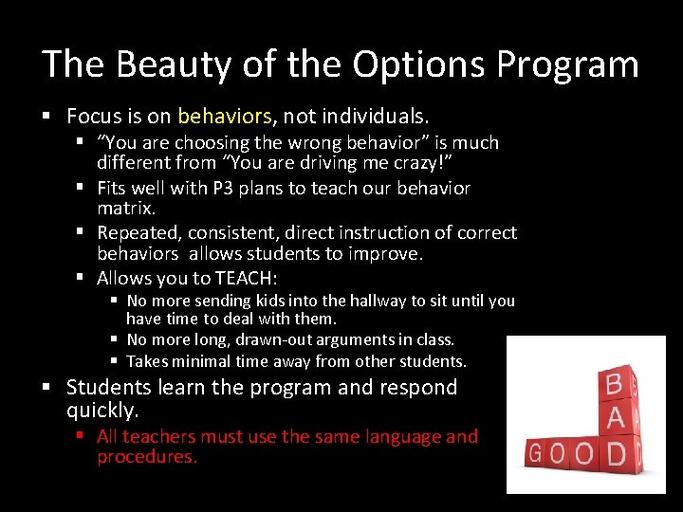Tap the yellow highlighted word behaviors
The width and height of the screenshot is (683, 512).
224,117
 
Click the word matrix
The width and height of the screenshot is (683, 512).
126,208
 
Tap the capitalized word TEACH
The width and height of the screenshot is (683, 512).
245,279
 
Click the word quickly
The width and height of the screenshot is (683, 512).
102,411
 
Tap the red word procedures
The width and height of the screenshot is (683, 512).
147,457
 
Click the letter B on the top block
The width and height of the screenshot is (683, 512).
614,383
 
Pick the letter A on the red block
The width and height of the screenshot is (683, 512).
615,417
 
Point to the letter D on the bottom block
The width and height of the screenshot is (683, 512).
615,453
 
